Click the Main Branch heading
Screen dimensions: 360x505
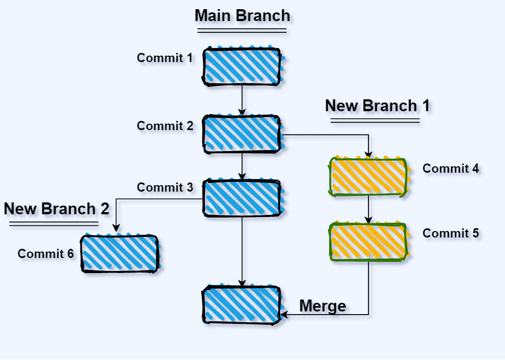tap(242, 16)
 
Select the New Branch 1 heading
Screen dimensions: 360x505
tap(377, 106)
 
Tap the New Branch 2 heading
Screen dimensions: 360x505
tap(57, 209)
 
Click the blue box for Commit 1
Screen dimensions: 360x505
tap(242, 66)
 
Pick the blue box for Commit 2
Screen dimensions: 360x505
tap(242, 133)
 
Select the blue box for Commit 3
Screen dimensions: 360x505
tap(242, 198)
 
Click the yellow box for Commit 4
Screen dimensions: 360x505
tap(368, 176)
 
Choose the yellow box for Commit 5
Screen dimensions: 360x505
tap(368, 242)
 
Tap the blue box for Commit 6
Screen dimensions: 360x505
tap(120, 253)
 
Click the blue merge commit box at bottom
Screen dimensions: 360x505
tap(242, 305)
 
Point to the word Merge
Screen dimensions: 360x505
tap(323, 306)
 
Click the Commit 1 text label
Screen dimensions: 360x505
tap(165, 58)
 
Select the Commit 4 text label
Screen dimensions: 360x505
tap(451, 168)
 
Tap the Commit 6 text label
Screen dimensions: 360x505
tap(45, 254)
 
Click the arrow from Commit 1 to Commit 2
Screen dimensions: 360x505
tap(242, 100)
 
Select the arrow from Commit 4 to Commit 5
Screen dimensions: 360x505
tap(368, 209)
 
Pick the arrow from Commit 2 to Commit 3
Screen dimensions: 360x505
tap(242, 166)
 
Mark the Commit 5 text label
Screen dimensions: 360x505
tap(451, 233)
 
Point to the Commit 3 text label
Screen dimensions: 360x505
tap(165, 187)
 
